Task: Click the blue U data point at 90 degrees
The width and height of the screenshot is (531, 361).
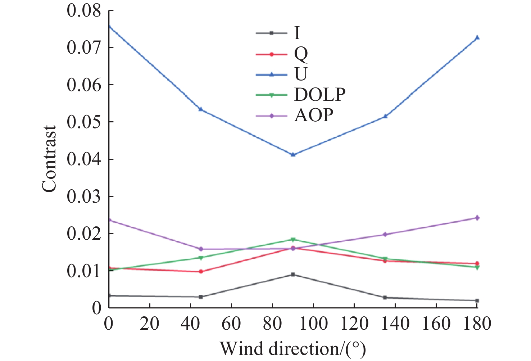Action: (x=293, y=154)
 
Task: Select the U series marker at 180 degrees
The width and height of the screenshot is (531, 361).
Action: (x=477, y=37)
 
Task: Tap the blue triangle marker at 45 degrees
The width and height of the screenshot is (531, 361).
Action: (x=201, y=109)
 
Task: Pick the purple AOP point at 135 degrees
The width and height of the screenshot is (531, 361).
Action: (x=385, y=234)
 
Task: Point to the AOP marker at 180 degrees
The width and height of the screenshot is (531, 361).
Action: (x=477, y=218)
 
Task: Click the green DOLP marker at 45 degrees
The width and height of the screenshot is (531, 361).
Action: (x=201, y=258)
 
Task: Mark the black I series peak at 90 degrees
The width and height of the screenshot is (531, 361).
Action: (x=293, y=275)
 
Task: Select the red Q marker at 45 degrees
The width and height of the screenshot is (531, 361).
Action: (x=201, y=271)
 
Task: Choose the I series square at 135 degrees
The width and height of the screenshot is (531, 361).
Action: (x=385, y=298)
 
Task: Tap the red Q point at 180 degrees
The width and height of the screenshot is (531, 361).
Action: (x=477, y=263)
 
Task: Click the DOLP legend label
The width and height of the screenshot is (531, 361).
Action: (x=319, y=95)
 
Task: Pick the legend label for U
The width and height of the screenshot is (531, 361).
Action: (x=301, y=74)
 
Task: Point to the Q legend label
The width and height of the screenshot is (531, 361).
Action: (x=301, y=54)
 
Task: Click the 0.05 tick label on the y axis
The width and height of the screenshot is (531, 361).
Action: (x=83, y=122)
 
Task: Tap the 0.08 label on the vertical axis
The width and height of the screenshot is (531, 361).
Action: (x=83, y=11)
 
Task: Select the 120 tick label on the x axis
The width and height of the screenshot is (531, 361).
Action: (x=354, y=324)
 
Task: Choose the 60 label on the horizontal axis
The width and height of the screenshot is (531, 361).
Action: (x=231, y=324)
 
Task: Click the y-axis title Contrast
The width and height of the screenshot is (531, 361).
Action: (x=49, y=159)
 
